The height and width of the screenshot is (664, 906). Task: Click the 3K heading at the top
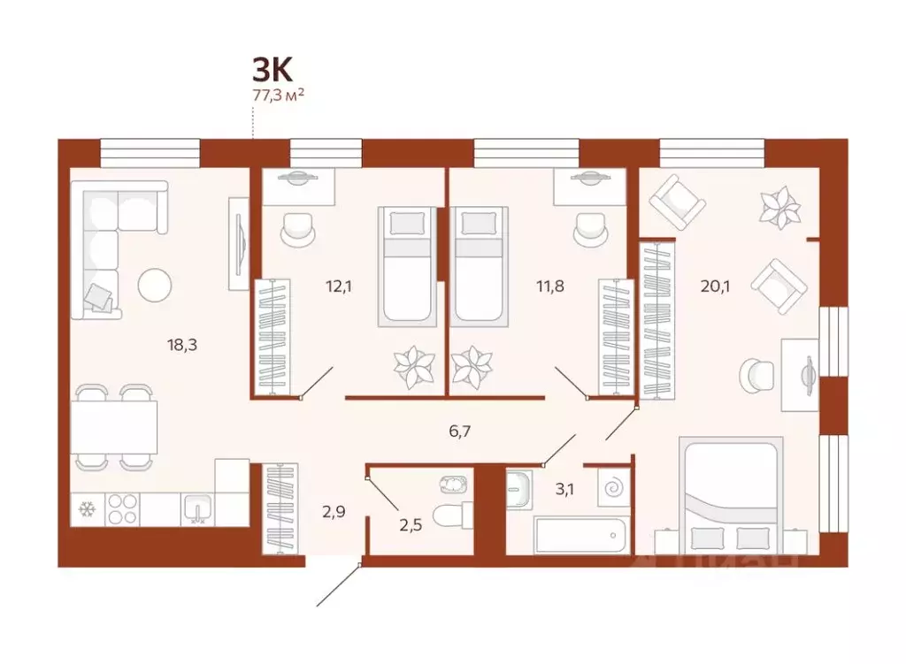pos(272,70)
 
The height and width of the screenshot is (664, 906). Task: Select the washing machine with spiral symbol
pos(611,488)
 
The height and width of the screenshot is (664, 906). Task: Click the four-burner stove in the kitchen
pos(122,509)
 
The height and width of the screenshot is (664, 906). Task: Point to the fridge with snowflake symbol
pos(87,509)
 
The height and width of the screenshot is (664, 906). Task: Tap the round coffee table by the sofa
pos(155,284)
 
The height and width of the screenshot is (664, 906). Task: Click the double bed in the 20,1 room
pos(731,495)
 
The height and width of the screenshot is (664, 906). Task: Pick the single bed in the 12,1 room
pos(406,265)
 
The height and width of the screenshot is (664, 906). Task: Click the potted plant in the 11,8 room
pos(471,366)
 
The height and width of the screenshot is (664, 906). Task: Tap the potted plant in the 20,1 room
pos(779,208)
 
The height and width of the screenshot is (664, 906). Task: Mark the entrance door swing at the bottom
pos(338,584)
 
